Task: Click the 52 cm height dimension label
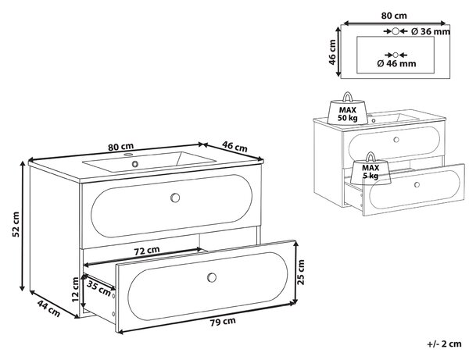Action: point(16,224)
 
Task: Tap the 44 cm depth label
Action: point(48,308)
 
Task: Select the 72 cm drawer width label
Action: point(147,251)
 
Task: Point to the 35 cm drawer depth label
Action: point(99,287)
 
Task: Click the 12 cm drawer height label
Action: point(75,289)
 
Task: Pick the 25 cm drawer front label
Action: point(301,273)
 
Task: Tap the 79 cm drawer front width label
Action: point(223,322)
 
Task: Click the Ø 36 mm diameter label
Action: point(431,31)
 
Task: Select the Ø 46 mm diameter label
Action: point(396,63)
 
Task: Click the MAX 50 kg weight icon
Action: point(348,109)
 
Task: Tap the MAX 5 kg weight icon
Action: point(371,169)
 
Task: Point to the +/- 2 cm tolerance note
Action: point(445,344)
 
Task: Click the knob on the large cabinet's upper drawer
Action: point(175,198)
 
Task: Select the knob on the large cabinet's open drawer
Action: point(212,277)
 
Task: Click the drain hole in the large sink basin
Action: point(135,164)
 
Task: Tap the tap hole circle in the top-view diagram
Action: point(396,31)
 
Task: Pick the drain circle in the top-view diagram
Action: point(396,55)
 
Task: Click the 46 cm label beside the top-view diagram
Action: point(332,52)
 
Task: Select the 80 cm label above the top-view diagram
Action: point(394,16)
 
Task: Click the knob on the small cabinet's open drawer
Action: point(417,184)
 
